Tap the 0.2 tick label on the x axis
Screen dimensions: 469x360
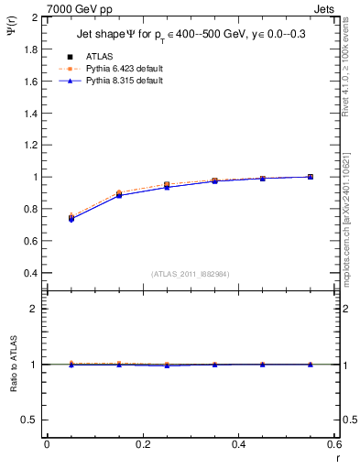(143, 444)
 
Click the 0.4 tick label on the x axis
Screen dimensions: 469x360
(239, 444)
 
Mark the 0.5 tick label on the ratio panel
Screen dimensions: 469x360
(31, 420)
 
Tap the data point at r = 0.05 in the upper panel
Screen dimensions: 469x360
(71, 218)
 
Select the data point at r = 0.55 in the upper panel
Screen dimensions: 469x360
(311, 177)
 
